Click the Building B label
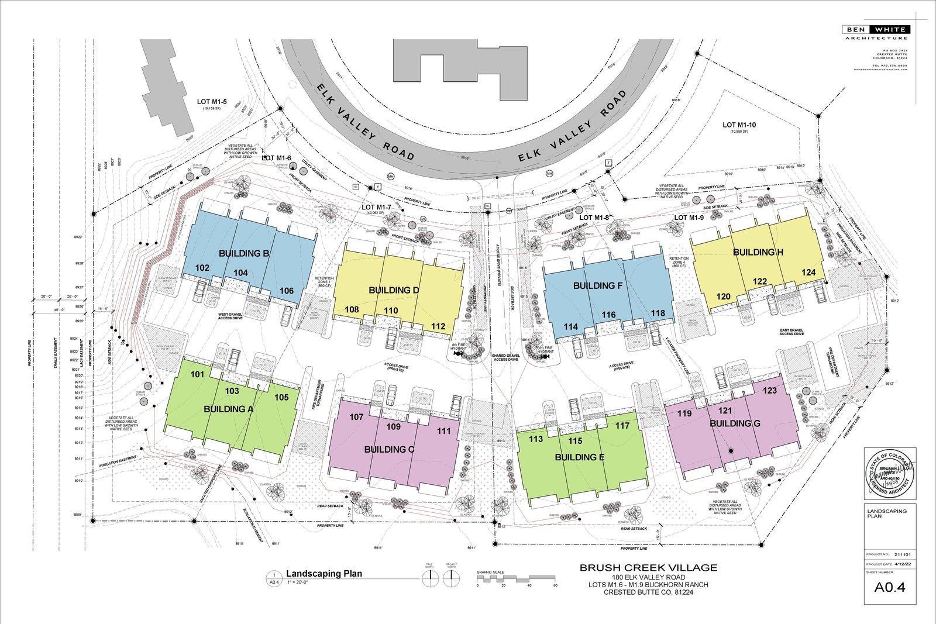pyautogui.click(x=244, y=253)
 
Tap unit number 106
pyautogui.click(x=287, y=291)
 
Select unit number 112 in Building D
pyautogui.click(x=438, y=326)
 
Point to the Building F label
pyautogui.click(x=597, y=285)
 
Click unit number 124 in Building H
pyautogui.click(x=808, y=273)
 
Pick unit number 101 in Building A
pyautogui.click(x=198, y=374)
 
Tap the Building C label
pyautogui.click(x=389, y=449)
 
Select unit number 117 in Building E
pyautogui.click(x=622, y=426)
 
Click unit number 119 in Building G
pyautogui.click(x=684, y=413)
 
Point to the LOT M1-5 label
pyautogui.click(x=212, y=102)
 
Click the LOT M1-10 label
pyautogui.click(x=739, y=125)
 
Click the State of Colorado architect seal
pyautogui.click(x=889, y=474)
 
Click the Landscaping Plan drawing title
pyautogui.click(x=324, y=574)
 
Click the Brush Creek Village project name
pyautogui.click(x=648, y=567)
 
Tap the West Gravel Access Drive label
pyautogui.click(x=230, y=316)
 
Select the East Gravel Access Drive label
pyautogui.click(x=792, y=332)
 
